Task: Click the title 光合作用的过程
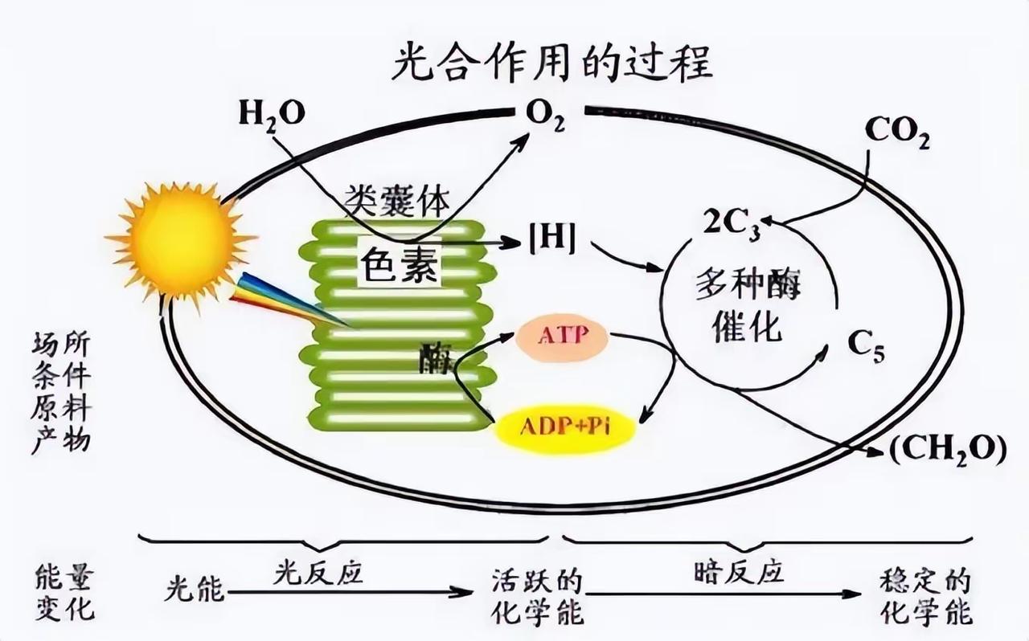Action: pos(552,63)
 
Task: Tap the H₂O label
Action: pos(272,113)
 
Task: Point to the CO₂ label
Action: pos(897,133)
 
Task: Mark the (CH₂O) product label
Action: pos(947,451)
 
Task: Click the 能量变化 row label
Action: pos(65,592)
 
